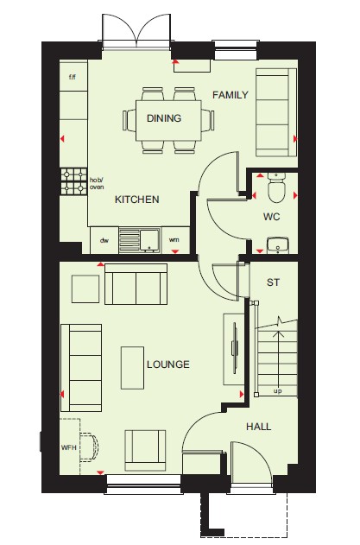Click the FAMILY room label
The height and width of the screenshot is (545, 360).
pos(231,95)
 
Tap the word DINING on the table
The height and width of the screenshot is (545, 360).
pos(164,118)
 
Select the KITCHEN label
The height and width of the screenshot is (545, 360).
pos(137,200)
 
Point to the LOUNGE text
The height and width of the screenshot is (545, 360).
pos(168,364)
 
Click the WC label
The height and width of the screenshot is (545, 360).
pos(271,217)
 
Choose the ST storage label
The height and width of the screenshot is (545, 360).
pos(273,282)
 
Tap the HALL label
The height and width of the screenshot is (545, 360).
pos(258,427)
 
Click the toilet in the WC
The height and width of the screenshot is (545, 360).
pos(276,187)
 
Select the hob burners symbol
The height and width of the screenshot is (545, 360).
pos(74,181)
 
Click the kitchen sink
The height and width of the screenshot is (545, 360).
pos(139,240)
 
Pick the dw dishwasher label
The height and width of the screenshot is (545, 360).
pos(104,240)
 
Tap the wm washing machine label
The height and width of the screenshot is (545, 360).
pos(174,240)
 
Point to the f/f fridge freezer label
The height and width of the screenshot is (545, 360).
pos(73,77)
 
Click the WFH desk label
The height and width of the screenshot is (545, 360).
pos(69,447)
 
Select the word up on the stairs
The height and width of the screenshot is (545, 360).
pos(277,391)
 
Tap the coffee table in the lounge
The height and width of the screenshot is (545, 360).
pos(132,368)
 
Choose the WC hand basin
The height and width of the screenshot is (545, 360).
pos(277,245)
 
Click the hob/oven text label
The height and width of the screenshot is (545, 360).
pos(97,183)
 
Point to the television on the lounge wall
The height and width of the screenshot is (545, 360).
pos(235,348)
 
